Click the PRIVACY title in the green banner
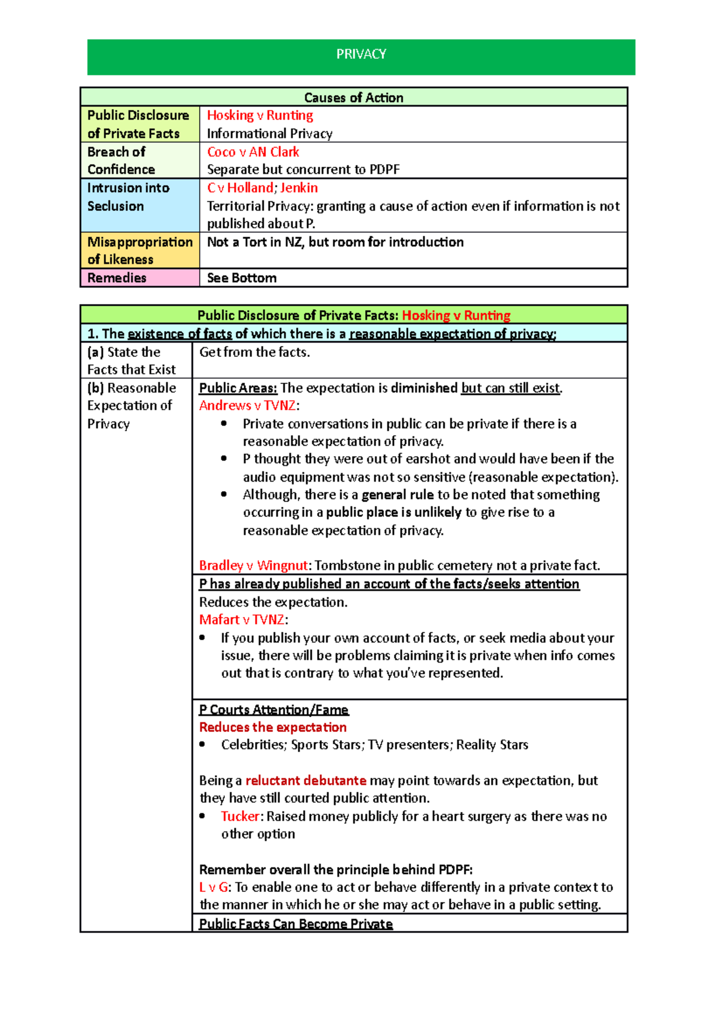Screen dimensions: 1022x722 click(361, 55)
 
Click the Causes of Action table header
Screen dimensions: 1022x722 click(354, 98)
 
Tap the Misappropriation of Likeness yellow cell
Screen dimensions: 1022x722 click(140, 250)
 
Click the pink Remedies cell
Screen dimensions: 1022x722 click(140, 278)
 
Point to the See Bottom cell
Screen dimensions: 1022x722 click(242, 278)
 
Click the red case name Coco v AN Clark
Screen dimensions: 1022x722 click(253, 152)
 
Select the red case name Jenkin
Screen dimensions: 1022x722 click(299, 188)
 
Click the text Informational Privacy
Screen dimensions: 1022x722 click(270, 134)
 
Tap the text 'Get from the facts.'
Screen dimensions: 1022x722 click(255, 352)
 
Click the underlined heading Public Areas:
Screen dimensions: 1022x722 click(238, 388)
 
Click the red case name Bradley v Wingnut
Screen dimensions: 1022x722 click(253, 566)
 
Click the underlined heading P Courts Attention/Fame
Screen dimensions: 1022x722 click(274, 710)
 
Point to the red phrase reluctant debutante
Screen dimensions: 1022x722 click(306, 781)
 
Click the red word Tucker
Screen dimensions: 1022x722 click(241, 817)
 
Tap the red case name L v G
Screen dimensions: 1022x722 click(214, 887)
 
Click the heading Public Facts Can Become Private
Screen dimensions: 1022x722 click(295, 924)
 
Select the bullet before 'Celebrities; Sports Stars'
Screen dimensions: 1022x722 click(203, 745)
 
